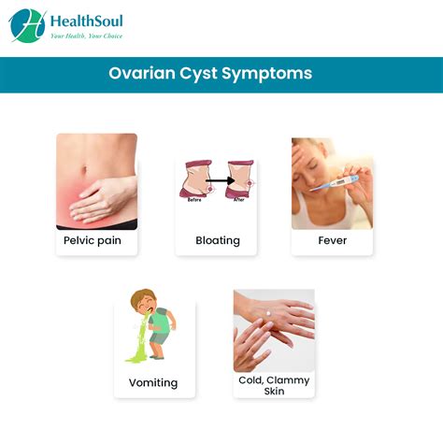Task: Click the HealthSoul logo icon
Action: click(28, 26)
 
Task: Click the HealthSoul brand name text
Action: click(85, 21)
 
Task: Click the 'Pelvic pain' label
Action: click(93, 240)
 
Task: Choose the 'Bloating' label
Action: click(218, 240)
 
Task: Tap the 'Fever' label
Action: click(332, 240)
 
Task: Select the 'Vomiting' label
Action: click(152, 382)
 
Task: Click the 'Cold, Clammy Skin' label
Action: click(273, 386)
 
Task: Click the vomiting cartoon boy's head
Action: click(143, 303)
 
